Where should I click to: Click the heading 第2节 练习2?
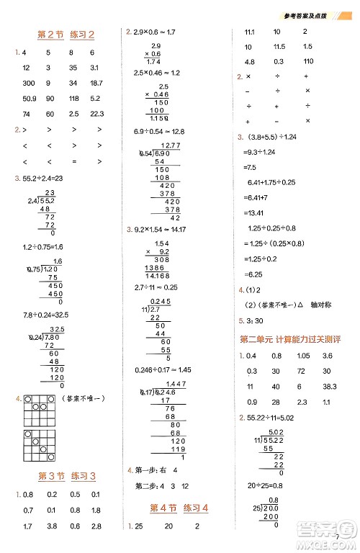66,34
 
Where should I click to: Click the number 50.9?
30,98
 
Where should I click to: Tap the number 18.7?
96,83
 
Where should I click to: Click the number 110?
307,61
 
